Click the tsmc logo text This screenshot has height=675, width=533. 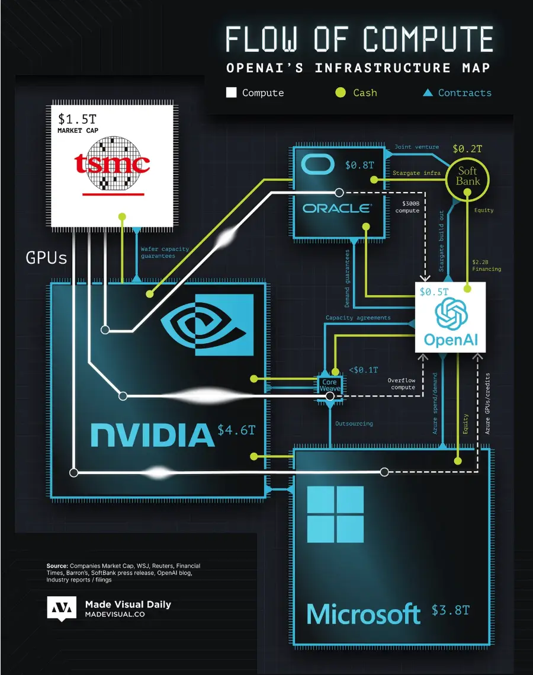pos(112,164)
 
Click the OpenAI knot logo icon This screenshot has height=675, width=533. pos(452,313)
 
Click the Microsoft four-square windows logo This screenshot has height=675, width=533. pos(335,514)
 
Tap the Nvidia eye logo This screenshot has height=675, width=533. pos(207,325)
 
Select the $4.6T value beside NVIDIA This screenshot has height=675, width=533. pos(236,430)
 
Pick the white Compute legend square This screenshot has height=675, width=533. pos(232,92)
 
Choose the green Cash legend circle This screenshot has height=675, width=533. pos(340,92)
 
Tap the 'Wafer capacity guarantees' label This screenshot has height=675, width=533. pos(165,252)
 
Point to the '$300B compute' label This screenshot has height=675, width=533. pos(407,206)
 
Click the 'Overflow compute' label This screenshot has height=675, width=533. pos(403,383)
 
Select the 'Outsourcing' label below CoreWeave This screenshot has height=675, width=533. pos(354,424)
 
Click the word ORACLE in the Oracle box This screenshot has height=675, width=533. pos(336,208)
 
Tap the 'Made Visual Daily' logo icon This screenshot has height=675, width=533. pos(62,609)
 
